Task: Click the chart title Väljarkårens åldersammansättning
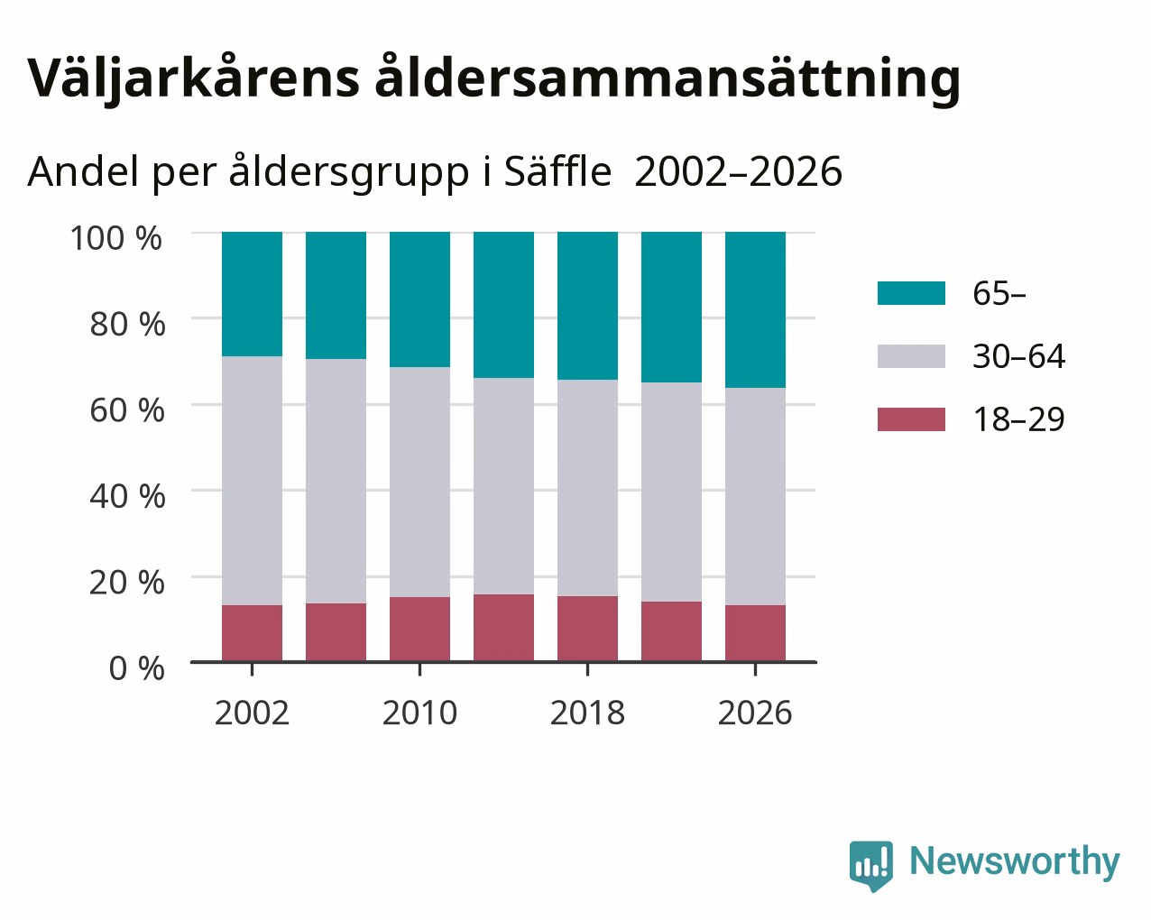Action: click(493, 79)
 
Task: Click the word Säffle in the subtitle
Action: click(557, 171)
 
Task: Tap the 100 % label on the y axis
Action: click(115, 238)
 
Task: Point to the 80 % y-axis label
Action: click(127, 324)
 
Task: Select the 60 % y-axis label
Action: click(127, 410)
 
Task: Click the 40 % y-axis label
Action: click(127, 496)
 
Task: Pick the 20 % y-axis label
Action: click(127, 583)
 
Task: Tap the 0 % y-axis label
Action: click(137, 668)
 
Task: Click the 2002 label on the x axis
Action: click(252, 713)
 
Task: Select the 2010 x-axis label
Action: click(419, 713)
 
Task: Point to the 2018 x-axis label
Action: click(587, 713)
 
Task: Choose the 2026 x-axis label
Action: click(755, 713)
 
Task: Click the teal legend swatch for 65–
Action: click(911, 293)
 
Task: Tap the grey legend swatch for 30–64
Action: click(911, 356)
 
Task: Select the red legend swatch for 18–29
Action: click(911, 419)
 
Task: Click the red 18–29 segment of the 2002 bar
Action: click(252, 633)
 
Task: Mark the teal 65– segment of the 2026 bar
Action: click(755, 309)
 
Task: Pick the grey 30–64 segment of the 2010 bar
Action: click(419, 482)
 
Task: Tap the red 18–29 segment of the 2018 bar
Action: click(587, 629)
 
